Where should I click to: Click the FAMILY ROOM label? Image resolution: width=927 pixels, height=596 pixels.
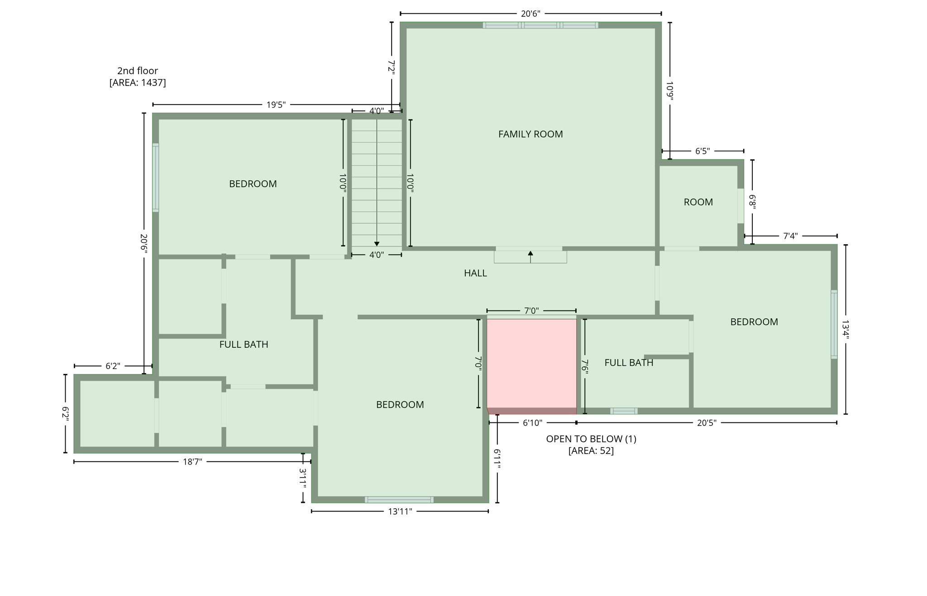coord(530,134)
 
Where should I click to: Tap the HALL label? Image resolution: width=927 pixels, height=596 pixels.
coord(475,273)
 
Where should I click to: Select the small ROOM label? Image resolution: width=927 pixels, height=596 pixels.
coord(698,202)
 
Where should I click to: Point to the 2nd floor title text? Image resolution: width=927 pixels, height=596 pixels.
coord(138,71)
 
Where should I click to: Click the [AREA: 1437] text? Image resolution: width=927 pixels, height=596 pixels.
coord(138,83)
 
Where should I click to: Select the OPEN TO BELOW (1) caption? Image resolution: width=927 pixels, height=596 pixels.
coord(591,439)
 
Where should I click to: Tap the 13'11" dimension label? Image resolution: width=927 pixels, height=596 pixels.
coord(400,511)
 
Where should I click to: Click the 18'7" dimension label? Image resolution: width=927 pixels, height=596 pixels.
coord(192,462)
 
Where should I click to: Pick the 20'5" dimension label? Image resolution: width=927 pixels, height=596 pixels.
coord(707,423)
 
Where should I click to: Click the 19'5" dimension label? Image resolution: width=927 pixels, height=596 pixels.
coord(276,105)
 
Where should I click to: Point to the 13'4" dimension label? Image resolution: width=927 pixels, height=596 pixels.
coord(846,330)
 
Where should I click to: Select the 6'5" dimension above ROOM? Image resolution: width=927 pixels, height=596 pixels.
coord(702,151)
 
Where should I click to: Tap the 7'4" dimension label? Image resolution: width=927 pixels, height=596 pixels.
coord(790,236)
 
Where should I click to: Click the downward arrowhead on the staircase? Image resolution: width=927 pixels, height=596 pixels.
coord(377,244)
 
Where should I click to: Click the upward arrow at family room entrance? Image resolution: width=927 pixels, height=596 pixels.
coord(530,254)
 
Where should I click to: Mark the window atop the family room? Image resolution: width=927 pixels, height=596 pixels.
coord(540,25)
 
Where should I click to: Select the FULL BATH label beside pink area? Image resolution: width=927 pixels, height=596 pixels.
coord(629,363)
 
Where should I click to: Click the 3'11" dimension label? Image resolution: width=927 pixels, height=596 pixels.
coord(303,478)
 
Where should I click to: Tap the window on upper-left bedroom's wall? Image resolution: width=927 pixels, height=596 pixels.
coord(156,178)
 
